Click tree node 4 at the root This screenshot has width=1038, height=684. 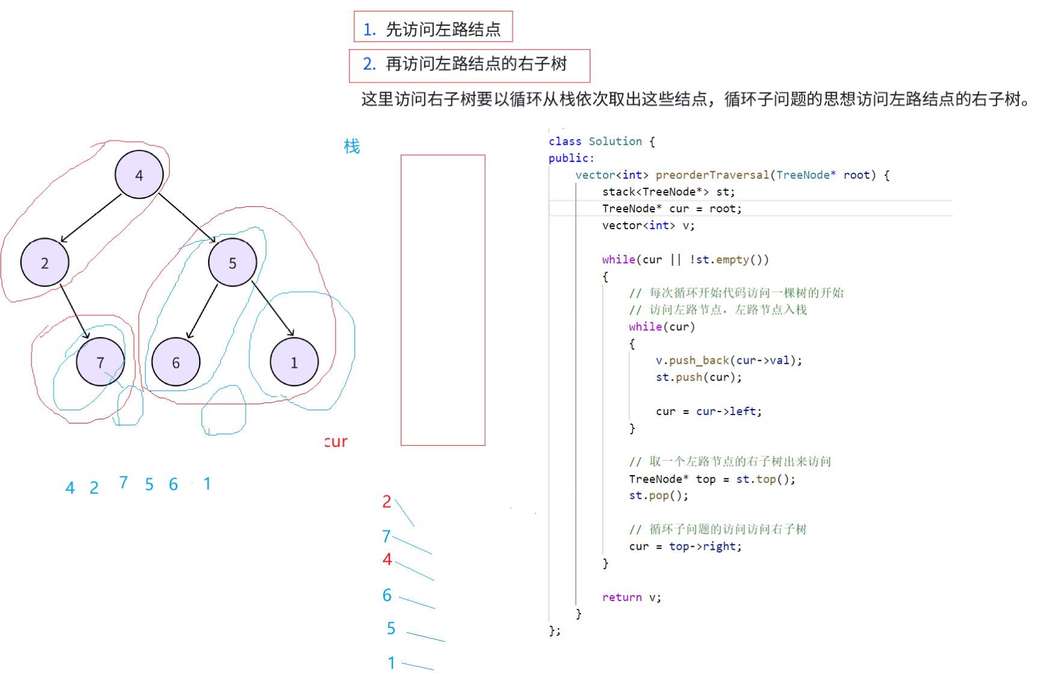click(x=139, y=174)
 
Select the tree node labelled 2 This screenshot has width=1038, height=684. click(x=45, y=262)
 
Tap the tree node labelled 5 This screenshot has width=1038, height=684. click(x=232, y=262)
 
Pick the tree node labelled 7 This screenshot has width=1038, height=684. click(x=100, y=362)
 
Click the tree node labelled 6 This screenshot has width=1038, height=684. click(x=176, y=362)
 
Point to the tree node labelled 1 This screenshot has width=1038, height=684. click(x=294, y=362)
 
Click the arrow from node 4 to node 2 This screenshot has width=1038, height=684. click(x=91, y=218)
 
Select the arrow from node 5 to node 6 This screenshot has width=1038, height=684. click(x=202, y=311)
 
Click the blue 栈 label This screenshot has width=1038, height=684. click(x=351, y=146)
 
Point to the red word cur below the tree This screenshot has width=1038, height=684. click(x=336, y=442)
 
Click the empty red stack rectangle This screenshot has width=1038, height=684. click(x=443, y=300)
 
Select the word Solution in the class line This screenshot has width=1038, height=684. click(x=615, y=141)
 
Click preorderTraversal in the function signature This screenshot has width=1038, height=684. click(x=712, y=175)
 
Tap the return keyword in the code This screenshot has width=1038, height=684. click(x=622, y=597)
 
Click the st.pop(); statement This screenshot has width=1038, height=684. click(x=658, y=496)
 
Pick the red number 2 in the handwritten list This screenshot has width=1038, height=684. click(x=387, y=502)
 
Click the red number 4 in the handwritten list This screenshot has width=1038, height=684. click(x=387, y=559)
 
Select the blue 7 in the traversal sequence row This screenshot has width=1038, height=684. click(x=123, y=482)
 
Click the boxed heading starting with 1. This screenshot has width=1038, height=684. click(x=433, y=28)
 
